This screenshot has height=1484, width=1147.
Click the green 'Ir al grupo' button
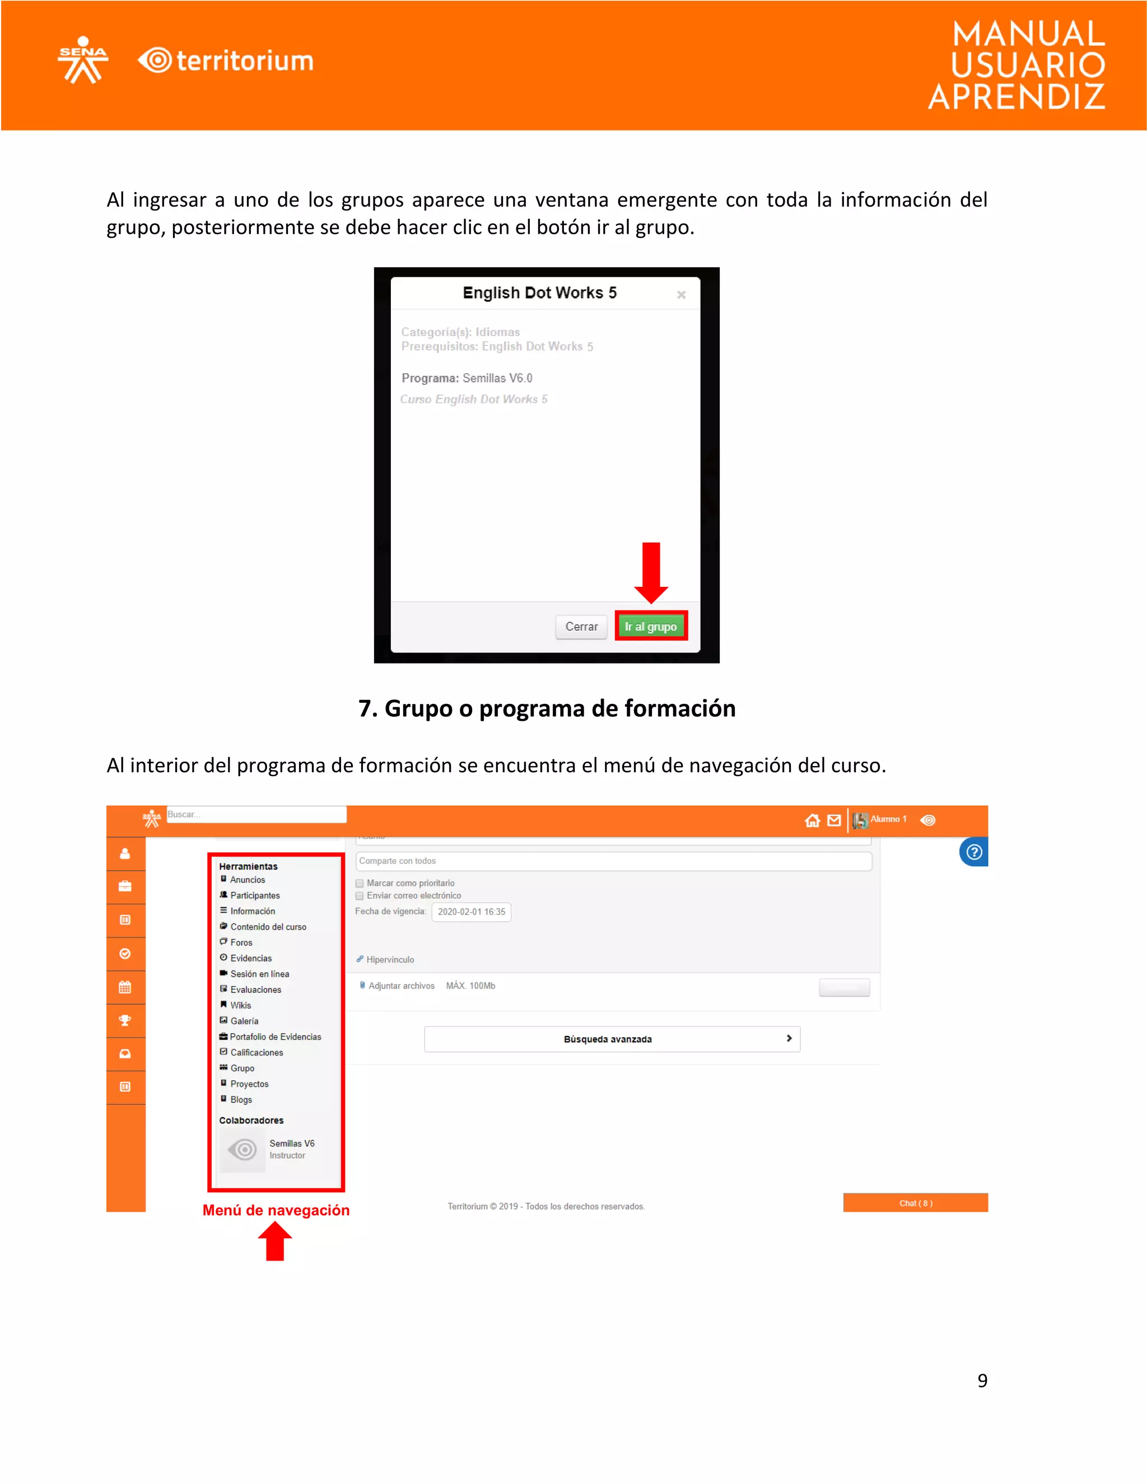pos(650,626)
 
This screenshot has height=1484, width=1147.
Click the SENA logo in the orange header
pos(83,60)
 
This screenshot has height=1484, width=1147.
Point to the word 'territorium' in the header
pos(245,61)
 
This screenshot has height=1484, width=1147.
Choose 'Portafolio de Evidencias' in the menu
pos(275,1037)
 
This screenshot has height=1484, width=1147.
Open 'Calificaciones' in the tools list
pos(256,1053)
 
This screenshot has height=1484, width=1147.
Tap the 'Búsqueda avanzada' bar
pos(612,1039)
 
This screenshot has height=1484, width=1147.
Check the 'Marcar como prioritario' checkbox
pos(360,883)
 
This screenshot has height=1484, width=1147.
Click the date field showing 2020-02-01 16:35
pos(471,912)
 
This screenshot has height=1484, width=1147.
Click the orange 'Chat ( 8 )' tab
pos(915,1203)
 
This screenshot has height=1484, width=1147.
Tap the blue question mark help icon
pos(974,852)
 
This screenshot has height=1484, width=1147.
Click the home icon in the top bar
pos(812,821)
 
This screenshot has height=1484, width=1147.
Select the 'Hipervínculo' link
pos(389,959)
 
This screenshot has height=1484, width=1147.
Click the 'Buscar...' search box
pos(256,814)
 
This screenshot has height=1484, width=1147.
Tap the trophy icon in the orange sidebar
pos(125,1020)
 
